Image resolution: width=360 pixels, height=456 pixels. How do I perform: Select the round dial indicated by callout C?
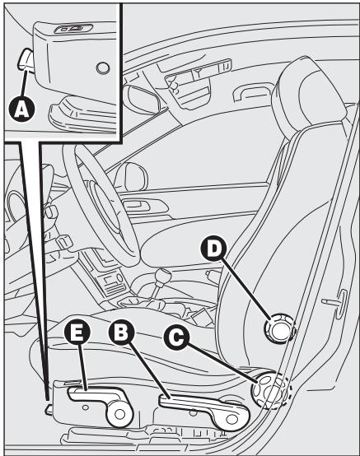pos(270,389)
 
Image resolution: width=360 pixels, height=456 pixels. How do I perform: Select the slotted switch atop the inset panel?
pos(67,28)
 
